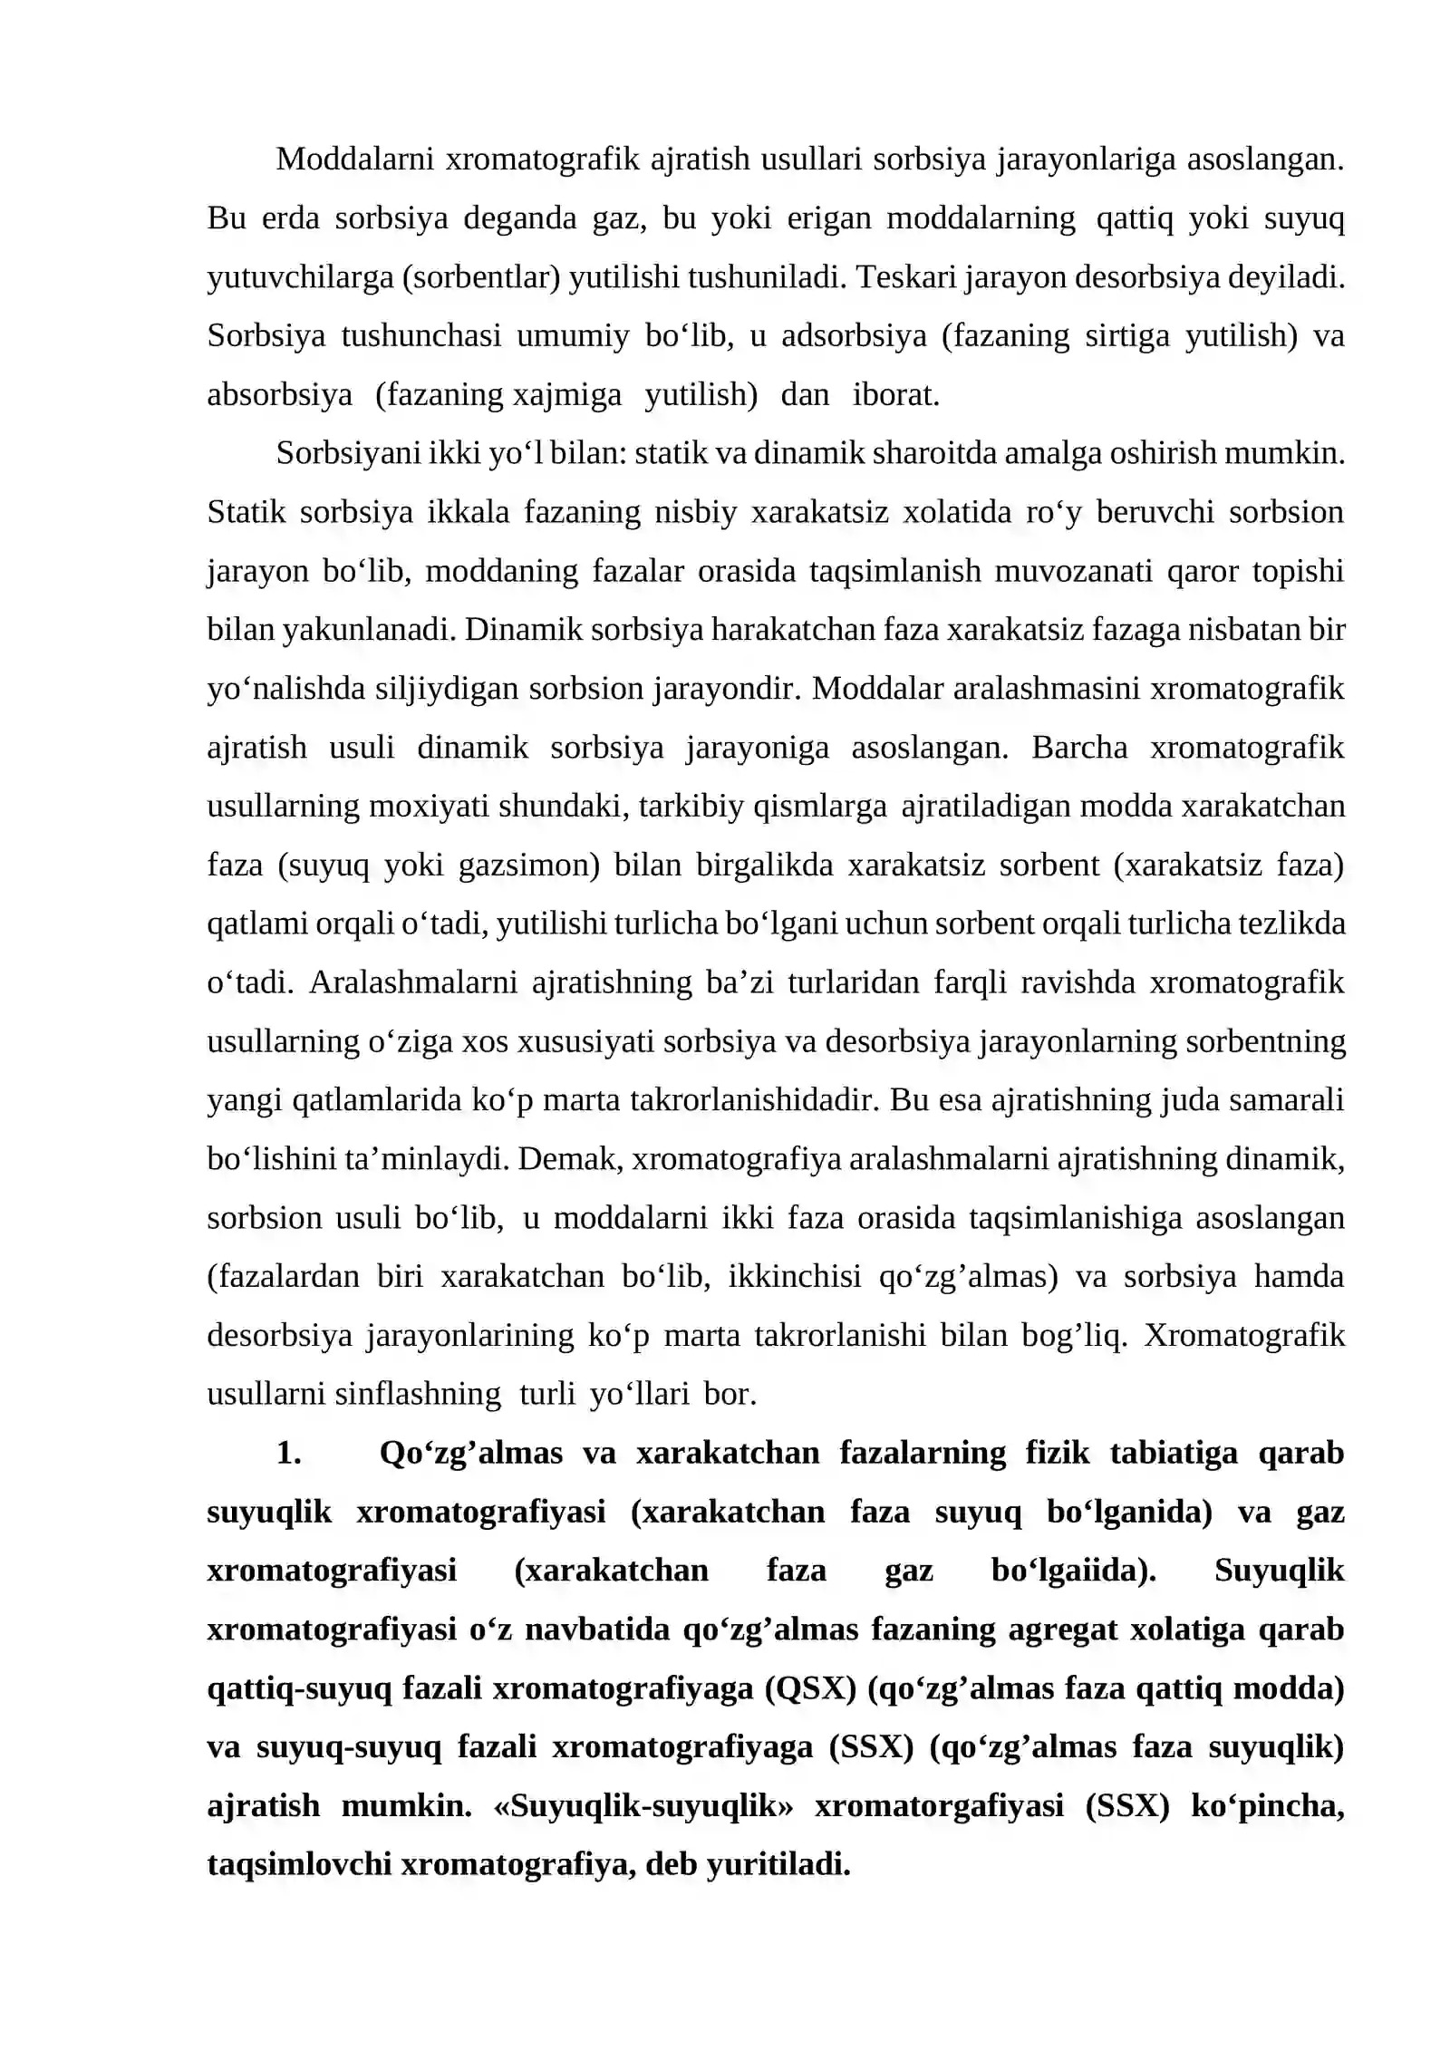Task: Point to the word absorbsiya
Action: pyautogui.click(x=279, y=394)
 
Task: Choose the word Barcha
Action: pyautogui.click(x=1079, y=748)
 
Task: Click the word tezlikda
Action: pyautogui.click(x=1299, y=924)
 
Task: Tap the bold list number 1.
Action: pyautogui.click(x=288, y=1453)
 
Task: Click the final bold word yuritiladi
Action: pyautogui.click(x=778, y=1865)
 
